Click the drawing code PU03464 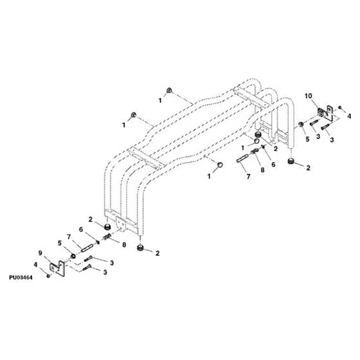(21, 277)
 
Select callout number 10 (309, 96)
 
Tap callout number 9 (40, 253)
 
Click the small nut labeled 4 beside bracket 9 (48, 276)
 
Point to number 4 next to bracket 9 (35, 265)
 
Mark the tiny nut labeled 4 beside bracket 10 (340, 107)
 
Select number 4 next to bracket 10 (349, 116)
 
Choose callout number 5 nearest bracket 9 (60, 243)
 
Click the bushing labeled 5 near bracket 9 (73, 256)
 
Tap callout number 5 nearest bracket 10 (307, 139)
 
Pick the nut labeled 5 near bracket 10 (301, 125)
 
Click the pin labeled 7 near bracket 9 (87, 249)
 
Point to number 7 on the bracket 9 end (69, 237)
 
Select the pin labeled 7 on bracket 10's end (242, 159)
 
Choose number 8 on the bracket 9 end (124, 245)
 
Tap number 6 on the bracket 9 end (81, 230)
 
